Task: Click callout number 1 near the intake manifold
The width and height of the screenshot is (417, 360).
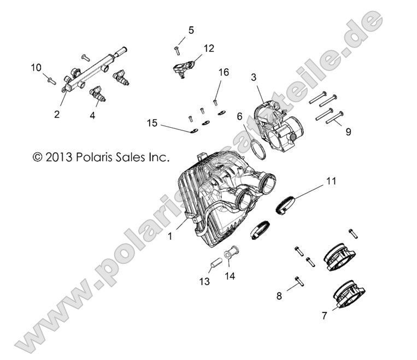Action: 170,237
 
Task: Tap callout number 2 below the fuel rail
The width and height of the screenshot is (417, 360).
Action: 57,114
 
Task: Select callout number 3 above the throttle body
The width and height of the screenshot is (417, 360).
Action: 254,77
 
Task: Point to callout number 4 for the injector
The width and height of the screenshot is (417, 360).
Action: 92,115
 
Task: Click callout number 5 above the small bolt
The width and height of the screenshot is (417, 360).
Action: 191,30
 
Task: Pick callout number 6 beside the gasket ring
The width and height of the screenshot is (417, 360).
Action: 239,116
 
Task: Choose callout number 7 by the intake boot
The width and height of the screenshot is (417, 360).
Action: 324,316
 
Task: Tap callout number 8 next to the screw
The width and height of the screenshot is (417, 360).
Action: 279,296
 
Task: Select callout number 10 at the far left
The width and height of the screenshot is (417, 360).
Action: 36,67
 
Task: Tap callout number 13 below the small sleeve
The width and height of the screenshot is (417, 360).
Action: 204,282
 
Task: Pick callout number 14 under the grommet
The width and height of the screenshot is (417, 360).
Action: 230,276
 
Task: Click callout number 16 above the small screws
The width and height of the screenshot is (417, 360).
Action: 222,72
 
